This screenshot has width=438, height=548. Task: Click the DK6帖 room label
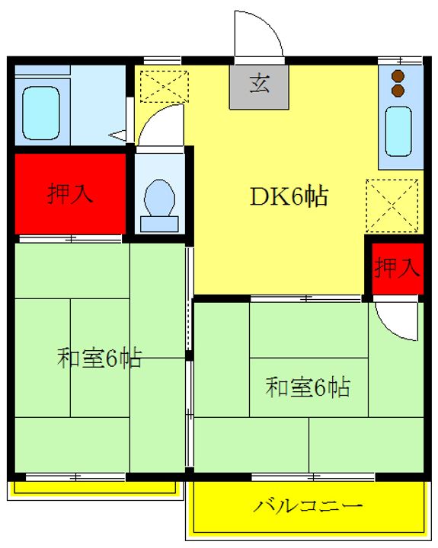(289, 196)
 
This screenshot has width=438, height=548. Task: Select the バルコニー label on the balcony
(309, 505)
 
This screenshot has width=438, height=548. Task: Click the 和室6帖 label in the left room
(99, 358)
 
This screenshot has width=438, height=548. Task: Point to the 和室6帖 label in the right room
(307, 387)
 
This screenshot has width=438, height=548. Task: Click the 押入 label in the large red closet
(71, 194)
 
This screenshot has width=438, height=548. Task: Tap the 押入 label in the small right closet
(396, 267)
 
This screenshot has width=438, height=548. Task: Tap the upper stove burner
(396, 76)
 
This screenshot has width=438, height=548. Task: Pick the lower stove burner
(396, 91)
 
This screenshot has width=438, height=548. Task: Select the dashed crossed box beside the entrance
(164, 85)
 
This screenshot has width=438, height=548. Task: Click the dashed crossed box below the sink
(392, 205)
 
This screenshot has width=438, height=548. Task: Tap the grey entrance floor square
(260, 84)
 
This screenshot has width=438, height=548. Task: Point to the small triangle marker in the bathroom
(118, 135)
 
